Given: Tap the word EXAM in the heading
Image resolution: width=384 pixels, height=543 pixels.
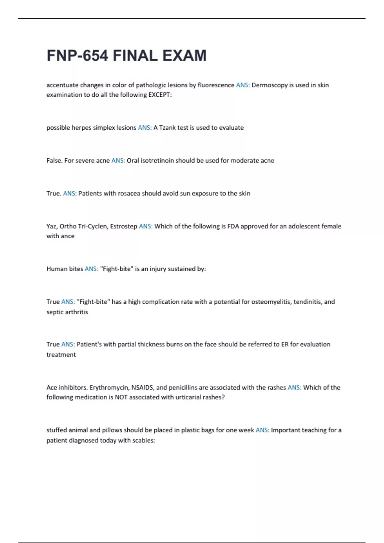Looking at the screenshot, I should click(184, 56).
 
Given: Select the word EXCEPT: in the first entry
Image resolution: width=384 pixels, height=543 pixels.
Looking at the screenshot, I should click(160, 95).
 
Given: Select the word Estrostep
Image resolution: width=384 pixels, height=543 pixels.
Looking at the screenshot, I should click(124, 226).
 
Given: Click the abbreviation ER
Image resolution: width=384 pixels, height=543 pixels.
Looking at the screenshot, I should click(285, 344).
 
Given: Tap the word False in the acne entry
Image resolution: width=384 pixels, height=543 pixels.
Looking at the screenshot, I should click(54, 161).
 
